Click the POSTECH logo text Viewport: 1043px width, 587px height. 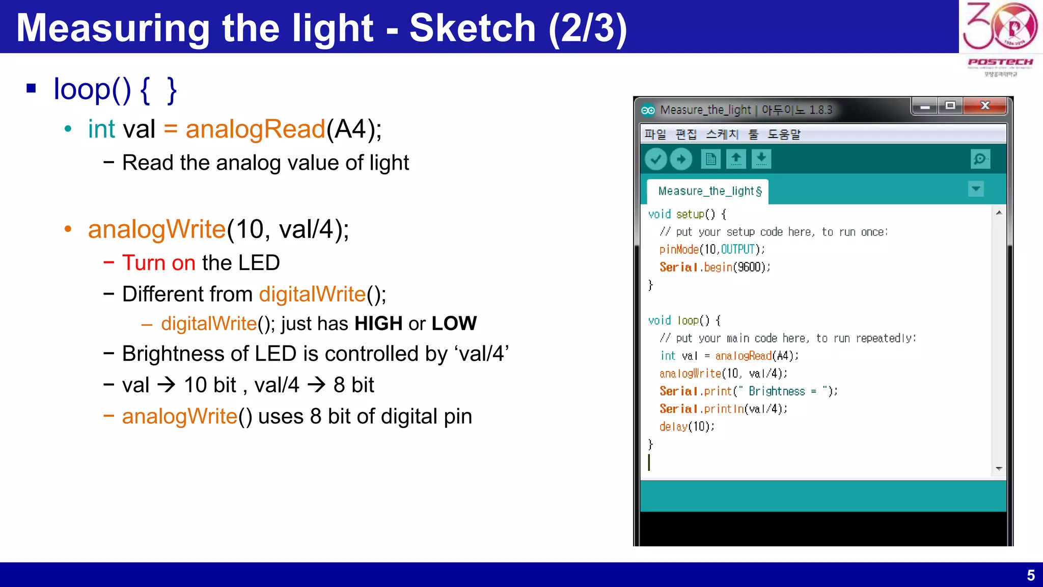pyautogui.click(x=1000, y=62)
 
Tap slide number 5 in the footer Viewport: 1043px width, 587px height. pyautogui.click(x=1030, y=575)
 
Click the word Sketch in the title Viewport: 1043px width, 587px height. pyautogui.click(x=472, y=28)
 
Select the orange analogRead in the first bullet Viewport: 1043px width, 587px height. pyautogui.click(x=255, y=129)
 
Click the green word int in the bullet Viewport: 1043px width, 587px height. pyautogui.click(x=101, y=129)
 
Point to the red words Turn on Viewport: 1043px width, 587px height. pyautogui.click(x=158, y=263)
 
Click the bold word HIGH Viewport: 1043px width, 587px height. pyautogui.click(x=378, y=324)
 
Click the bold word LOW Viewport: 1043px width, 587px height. pyautogui.click(x=454, y=324)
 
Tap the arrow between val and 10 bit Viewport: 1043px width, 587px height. pyautogui.click(x=167, y=385)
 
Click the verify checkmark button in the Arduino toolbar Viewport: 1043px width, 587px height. pyautogui.click(x=656, y=159)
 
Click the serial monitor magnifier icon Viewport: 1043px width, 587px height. pyautogui.click(x=980, y=159)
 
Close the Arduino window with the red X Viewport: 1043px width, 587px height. pyautogui.click(x=985, y=105)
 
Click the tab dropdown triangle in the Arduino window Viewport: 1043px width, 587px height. pyautogui.click(x=976, y=189)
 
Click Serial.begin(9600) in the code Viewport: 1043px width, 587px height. pyautogui.click(x=715, y=268)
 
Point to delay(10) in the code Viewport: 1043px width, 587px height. pyautogui.click(x=687, y=426)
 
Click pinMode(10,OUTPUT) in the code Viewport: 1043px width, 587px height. pyautogui.click(x=711, y=250)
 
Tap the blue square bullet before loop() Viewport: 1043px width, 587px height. pyautogui.click(x=32, y=89)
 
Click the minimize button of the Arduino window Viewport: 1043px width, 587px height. pyautogui.click(x=925, y=106)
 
